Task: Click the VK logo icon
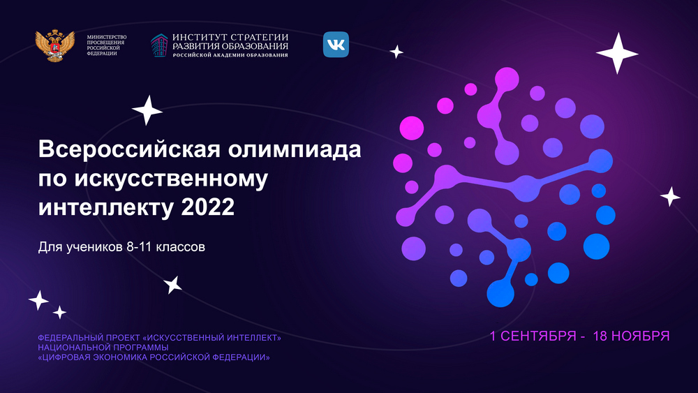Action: [x=336, y=45]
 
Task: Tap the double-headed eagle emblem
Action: [x=54, y=45]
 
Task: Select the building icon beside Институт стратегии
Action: [x=159, y=45]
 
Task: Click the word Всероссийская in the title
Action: [x=129, y=149]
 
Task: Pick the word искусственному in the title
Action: [x=171, y=179]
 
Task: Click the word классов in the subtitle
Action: [x=180, y=247]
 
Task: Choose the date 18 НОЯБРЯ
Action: [x=631, y=336]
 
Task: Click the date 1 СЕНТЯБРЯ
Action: [x=533, y=336]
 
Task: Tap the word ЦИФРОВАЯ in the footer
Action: [x=64, y=357]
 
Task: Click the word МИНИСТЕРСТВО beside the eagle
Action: [x=107, y=38]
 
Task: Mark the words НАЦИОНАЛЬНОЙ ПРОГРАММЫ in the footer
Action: [x=103, y=348]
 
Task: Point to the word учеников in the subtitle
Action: [x=95, y=247]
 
